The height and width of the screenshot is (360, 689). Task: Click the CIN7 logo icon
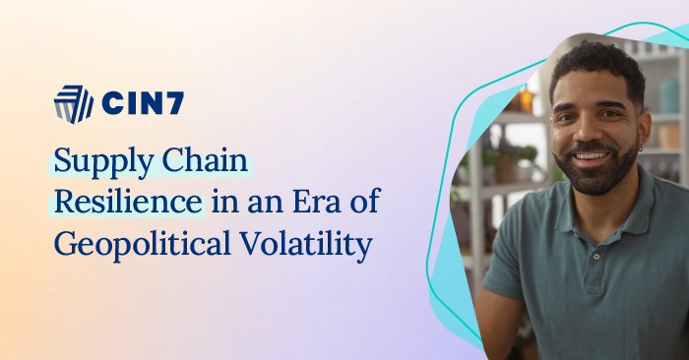pos(73,105)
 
